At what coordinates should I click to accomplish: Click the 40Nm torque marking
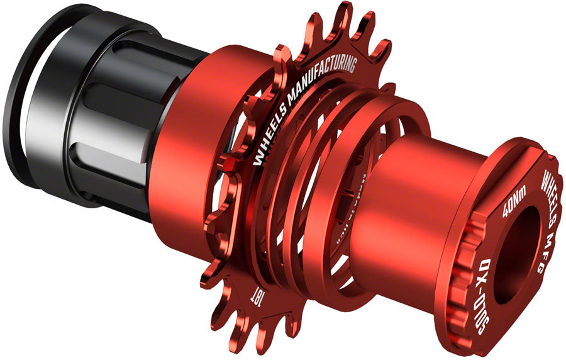point(511,203)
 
